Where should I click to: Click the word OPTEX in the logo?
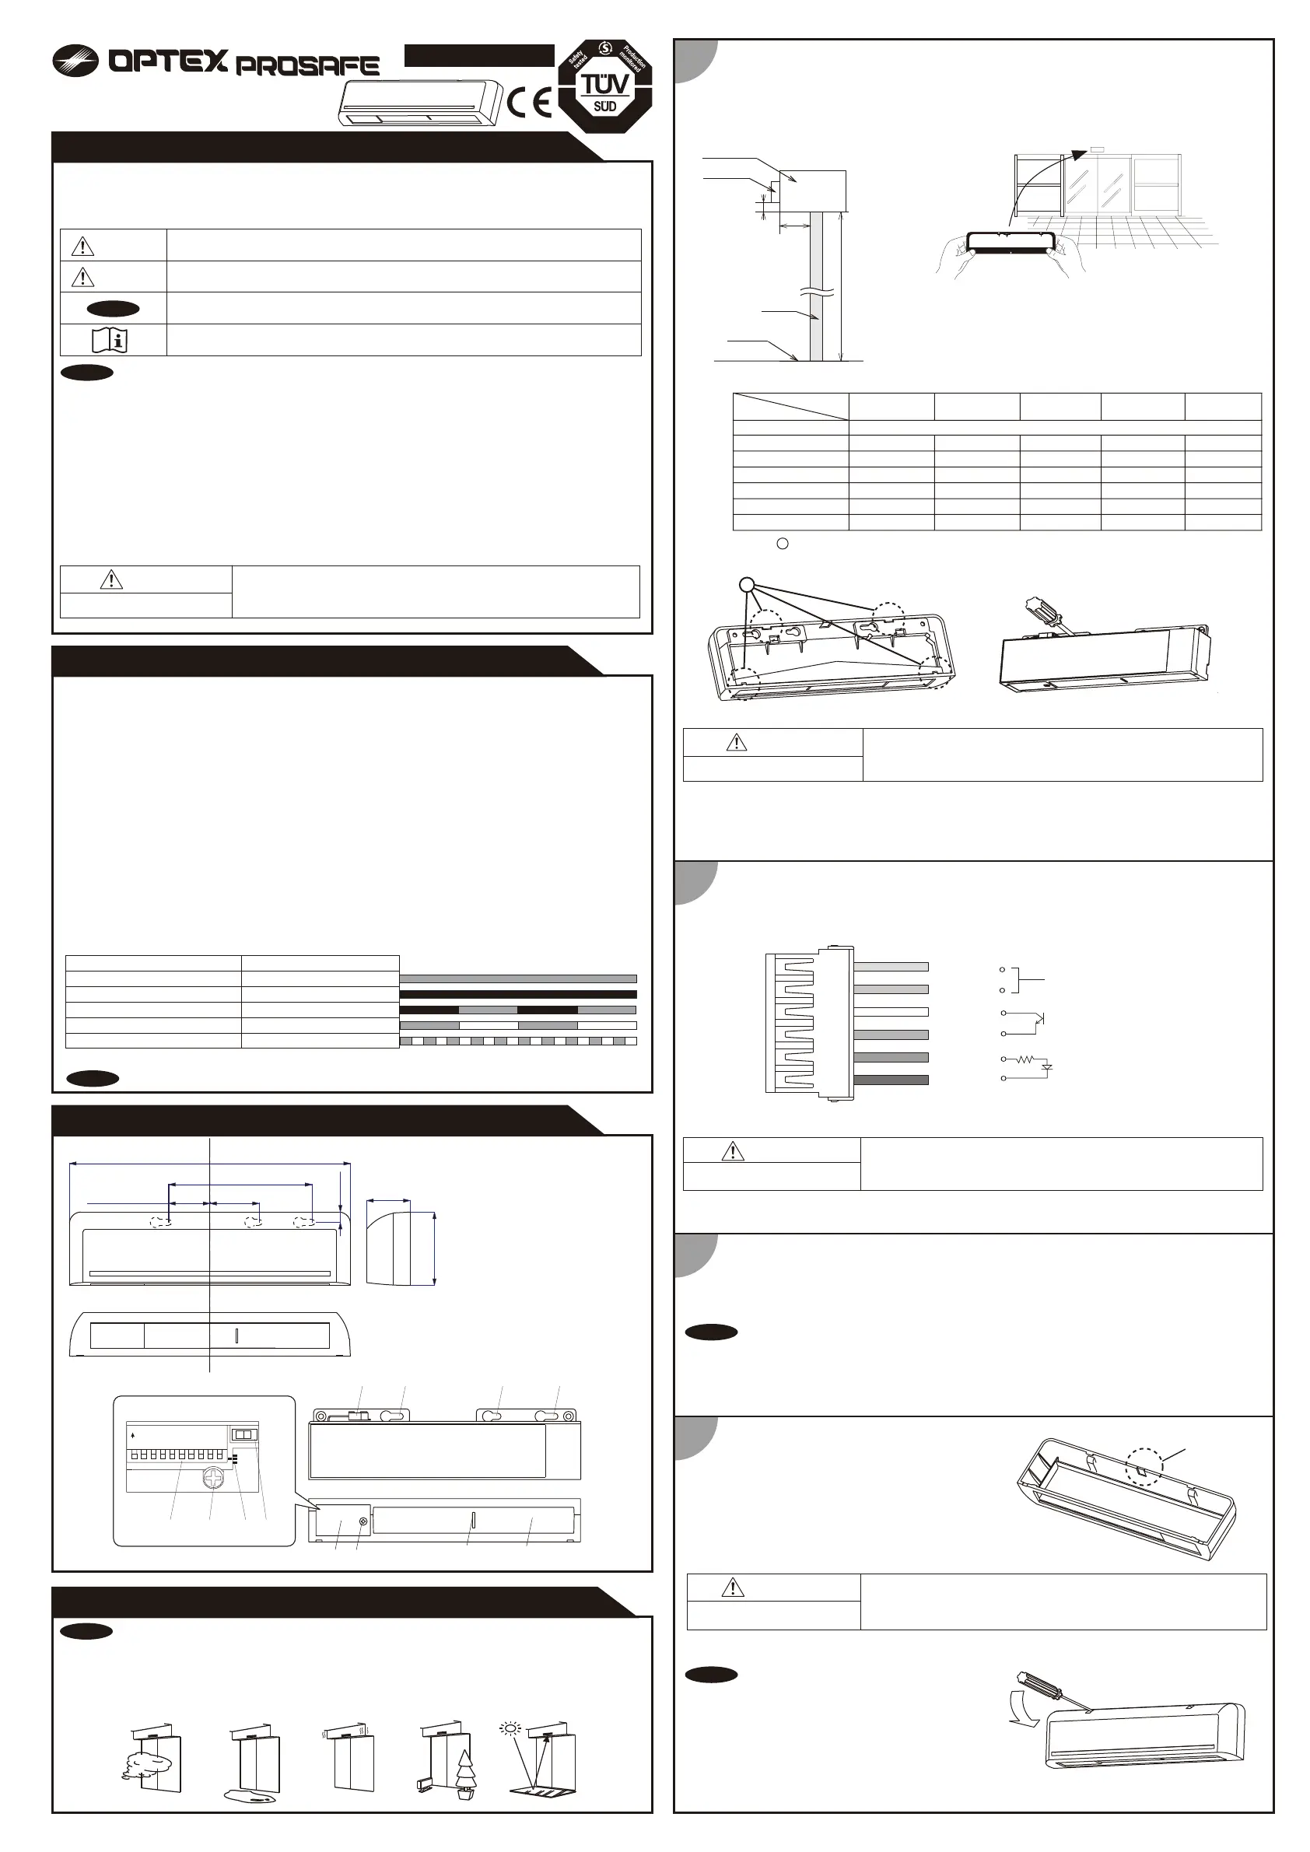click(x=168, y=61)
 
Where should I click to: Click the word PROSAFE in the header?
click(x=307, y=66)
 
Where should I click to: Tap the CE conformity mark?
click(x=530, y=103)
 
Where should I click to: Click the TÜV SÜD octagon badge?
click(x=605, y=86)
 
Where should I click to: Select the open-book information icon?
click(x=110, y=340)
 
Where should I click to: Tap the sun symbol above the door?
click(x=510, y=1727)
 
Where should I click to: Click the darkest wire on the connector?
click(x=891, y=1080)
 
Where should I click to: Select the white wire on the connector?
click(x=891, y=1011)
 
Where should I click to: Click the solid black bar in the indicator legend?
click(x=518, y=994)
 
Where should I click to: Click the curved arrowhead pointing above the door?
click(x=1077, y=152)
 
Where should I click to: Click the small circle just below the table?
click(x=782, y=544)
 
